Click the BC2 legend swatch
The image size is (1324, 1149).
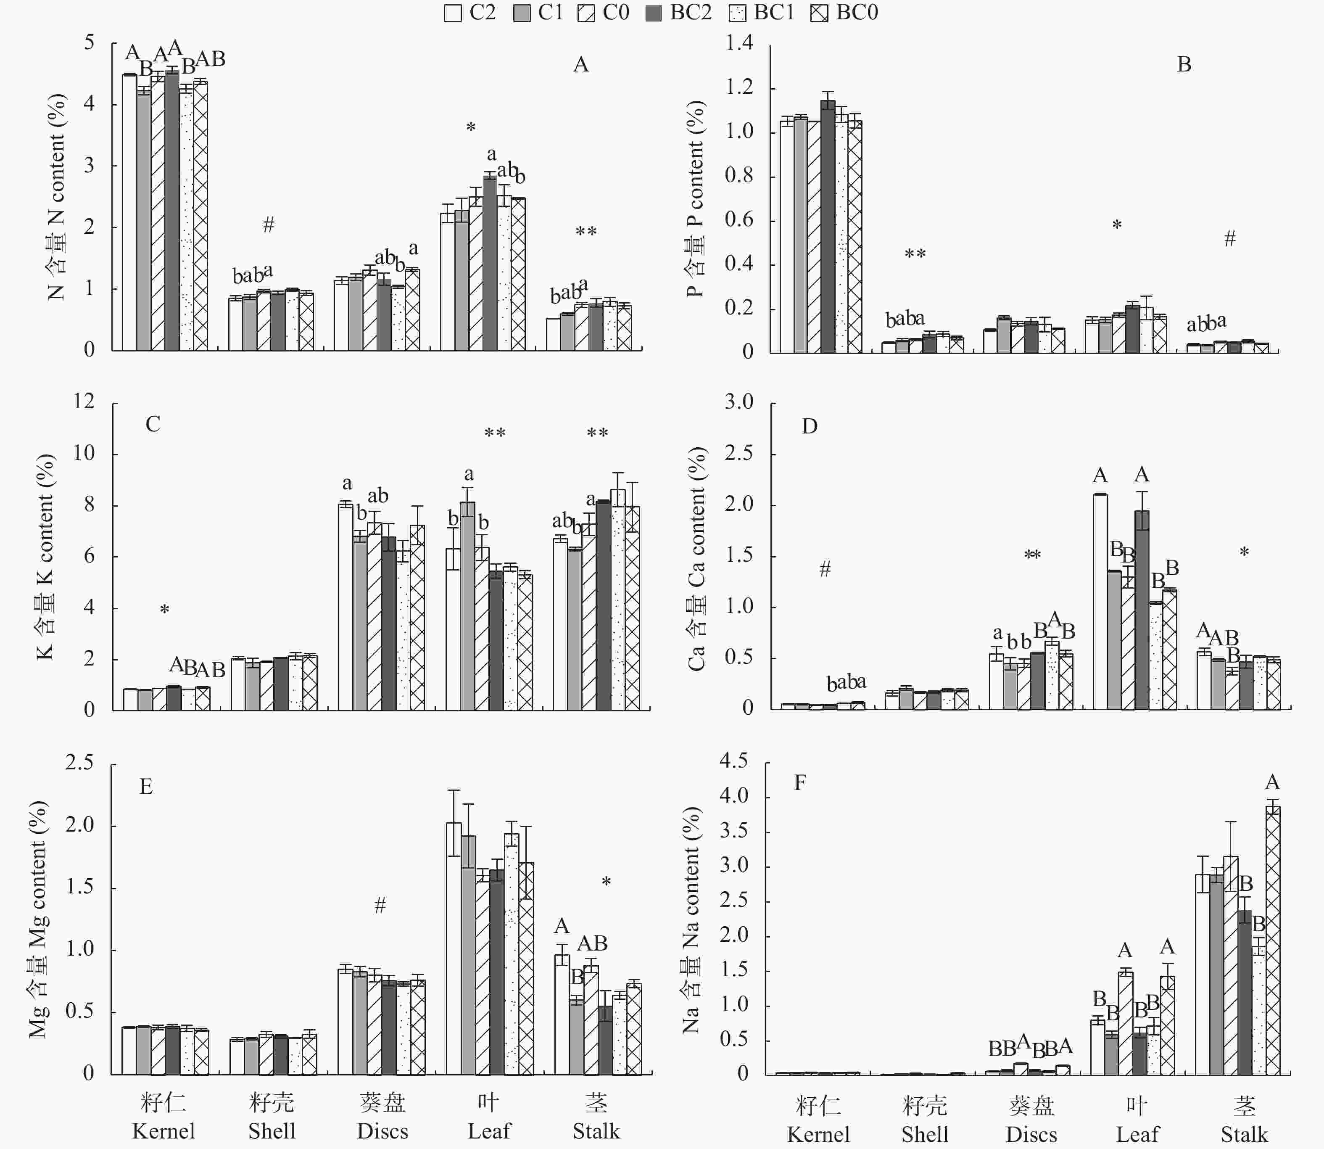tap(653, 13)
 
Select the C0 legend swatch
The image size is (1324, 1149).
tap(586, 13)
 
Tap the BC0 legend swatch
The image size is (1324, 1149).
tap(819, 13)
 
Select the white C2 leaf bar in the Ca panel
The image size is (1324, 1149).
tap(1100, 602)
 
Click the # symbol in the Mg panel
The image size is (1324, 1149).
tap(380, 905)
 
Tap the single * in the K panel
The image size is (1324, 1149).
tap(165, 610)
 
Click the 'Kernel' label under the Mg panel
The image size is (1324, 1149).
tap(164, 1131)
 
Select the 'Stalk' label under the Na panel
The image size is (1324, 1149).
tap(1244, 1134)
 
